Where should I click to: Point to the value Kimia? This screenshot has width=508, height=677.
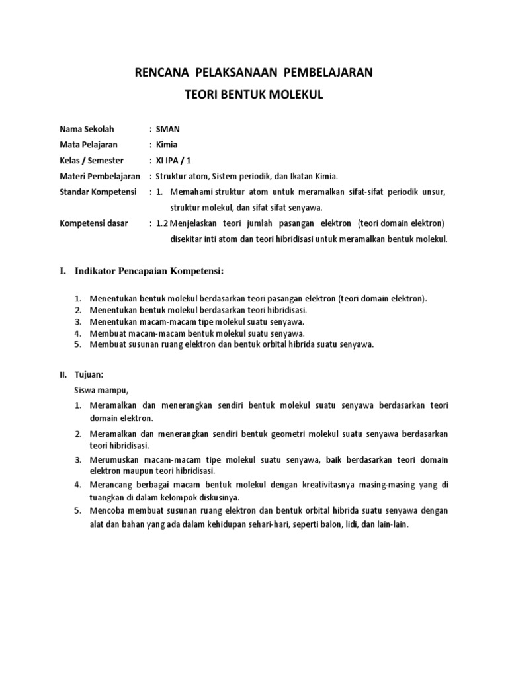click(x=165, y=145)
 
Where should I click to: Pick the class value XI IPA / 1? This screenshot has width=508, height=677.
click(x=174, y=161)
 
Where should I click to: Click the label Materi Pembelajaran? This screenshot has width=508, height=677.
click(x=100, y=176)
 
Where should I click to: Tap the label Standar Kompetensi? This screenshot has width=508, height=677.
click(x=97, y=192)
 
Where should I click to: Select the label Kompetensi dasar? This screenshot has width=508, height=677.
click(x=94, y=223)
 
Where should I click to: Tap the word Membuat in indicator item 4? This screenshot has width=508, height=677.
click(x=106, y=333)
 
